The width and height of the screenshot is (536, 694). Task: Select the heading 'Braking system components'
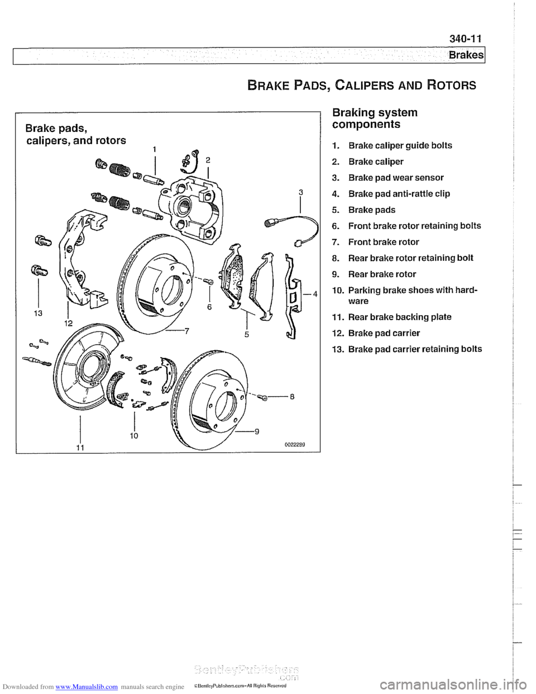click(x=374, y=118)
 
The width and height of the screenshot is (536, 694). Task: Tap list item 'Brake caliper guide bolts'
click(x=400, y=146)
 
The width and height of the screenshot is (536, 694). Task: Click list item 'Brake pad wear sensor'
click(x=396, y=178)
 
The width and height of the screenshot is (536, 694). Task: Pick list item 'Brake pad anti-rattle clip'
click(x=399, y=194)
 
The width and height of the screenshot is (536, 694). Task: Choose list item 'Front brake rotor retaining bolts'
click(x=414, y=226)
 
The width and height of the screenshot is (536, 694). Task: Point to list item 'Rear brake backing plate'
click(x=399, y=317)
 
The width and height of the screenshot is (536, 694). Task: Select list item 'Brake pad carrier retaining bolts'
click(x=414, y=349)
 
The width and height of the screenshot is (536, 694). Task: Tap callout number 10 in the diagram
click(x=135, y=434)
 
